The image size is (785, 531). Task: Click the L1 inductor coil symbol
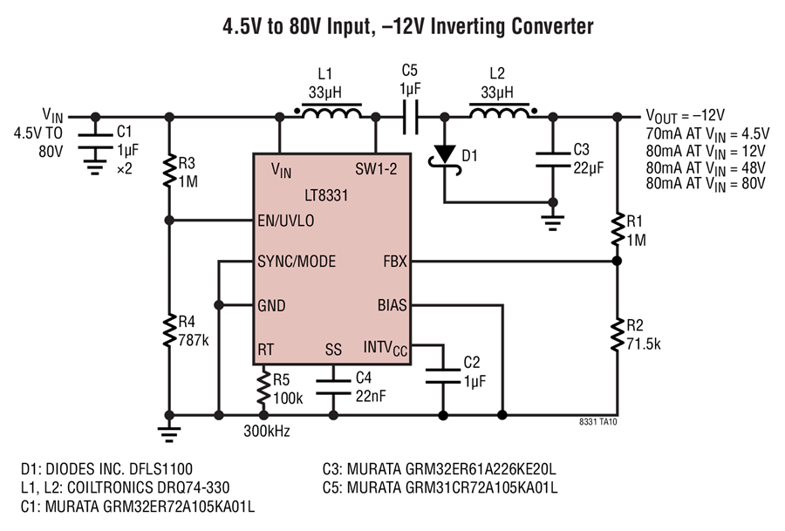[331, 112]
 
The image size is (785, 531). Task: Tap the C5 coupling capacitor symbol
[411, 117]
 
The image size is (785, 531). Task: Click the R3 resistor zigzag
[170, 171]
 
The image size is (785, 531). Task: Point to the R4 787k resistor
[170, 330]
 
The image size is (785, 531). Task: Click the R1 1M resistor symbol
[618, 229]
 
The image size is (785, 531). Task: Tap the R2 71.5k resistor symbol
[618, 334]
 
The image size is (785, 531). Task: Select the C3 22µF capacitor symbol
[553, 160]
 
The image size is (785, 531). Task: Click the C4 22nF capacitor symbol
[333, 387]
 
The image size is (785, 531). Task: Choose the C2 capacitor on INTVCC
[442, 377]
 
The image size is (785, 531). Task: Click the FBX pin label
[395, 262]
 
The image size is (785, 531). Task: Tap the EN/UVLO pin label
[286, 221]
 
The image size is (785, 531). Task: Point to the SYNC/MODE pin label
[297, 262]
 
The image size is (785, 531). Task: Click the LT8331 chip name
[326, 195]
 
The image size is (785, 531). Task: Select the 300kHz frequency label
[267, 431]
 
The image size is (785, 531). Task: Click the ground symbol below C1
[95, 167]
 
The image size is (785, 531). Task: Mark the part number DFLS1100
[160, 469]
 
